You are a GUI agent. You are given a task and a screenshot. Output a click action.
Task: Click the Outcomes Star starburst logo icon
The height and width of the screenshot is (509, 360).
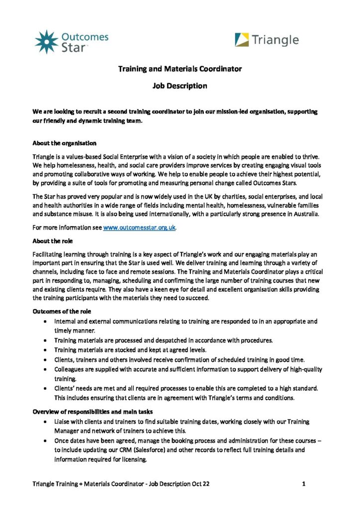[46, 41]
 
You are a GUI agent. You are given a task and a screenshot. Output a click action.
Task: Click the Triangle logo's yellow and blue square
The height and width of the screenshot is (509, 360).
[242, 40]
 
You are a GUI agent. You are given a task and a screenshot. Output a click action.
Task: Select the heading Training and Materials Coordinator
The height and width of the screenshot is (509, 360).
[180, 69]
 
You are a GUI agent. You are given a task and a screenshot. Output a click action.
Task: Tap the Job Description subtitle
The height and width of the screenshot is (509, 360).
[180, 86]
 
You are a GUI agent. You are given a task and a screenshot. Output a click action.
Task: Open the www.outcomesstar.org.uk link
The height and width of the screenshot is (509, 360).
[139, 228]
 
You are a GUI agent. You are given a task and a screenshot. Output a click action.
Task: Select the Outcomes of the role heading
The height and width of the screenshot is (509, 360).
[63, 312]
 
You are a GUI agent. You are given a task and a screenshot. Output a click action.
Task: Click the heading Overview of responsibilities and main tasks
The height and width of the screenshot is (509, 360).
[93, 412]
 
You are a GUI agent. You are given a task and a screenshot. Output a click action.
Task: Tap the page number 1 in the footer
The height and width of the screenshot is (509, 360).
[303, 483]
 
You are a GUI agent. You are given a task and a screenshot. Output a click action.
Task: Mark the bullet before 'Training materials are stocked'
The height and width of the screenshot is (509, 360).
[46, 350]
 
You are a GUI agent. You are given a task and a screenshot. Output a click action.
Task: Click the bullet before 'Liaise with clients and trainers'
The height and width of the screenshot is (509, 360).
[46, 422]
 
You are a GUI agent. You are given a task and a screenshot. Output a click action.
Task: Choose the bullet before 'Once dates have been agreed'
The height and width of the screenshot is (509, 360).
[46, 441]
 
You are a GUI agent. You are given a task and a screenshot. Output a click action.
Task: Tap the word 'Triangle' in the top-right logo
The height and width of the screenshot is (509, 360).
[275, 40]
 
